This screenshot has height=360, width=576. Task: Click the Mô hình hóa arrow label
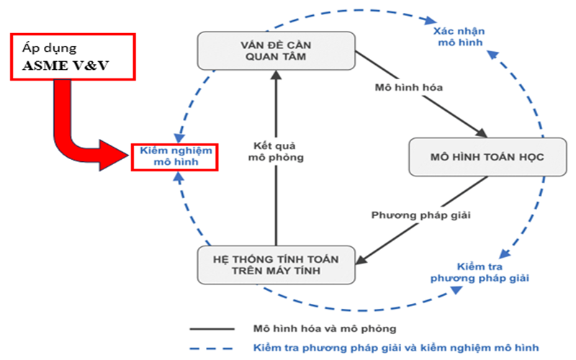pos(408,88)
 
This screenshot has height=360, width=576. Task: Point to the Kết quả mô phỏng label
pos(276,150)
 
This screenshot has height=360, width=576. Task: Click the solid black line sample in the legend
pos(212,329)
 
